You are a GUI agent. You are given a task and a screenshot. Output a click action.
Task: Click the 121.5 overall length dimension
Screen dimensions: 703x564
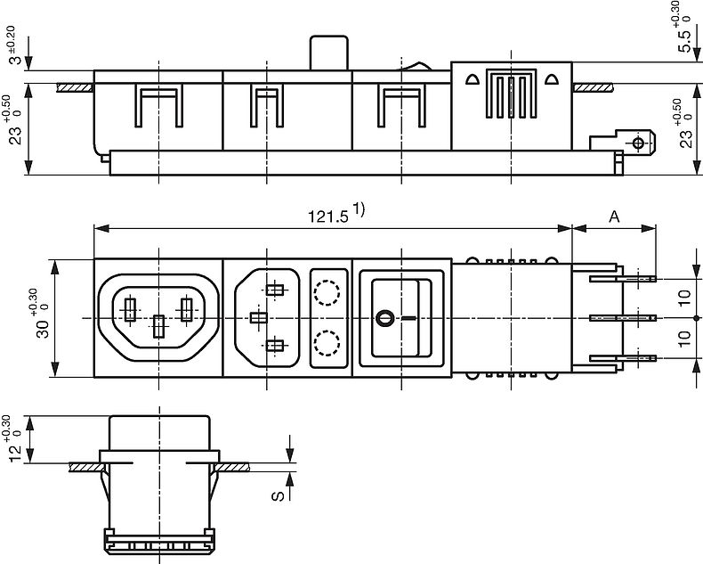click(327, 217)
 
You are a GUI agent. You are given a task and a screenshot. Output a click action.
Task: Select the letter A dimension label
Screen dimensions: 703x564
click(614, 217)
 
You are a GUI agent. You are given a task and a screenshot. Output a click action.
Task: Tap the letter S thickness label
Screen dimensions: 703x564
click(278, 495)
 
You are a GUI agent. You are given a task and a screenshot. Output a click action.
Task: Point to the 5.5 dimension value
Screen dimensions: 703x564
click(684, 41)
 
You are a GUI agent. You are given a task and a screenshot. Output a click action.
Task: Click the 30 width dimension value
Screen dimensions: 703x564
click(42, 329)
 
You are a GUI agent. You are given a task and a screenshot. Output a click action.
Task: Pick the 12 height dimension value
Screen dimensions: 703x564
click(15, 454)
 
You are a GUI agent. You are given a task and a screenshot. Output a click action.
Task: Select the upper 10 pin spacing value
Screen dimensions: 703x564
click(684, 298)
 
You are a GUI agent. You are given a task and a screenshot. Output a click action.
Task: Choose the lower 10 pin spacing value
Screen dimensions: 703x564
click(684, 339)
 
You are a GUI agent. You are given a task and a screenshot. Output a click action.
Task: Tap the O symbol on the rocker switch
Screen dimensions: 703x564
click(384, 318)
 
